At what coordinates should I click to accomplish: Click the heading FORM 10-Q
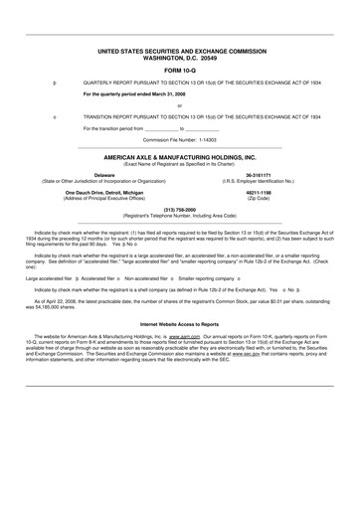point(179,71)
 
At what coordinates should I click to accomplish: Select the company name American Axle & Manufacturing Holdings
point(179,157)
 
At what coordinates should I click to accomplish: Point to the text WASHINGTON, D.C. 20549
point(179,58)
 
